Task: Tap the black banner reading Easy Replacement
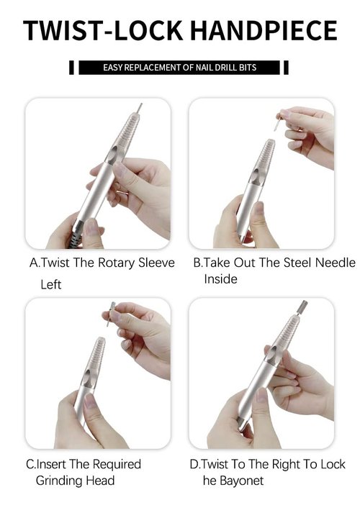tap(179, 68)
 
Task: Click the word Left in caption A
tap(50, 284)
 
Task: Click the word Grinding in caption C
tap(60, 480)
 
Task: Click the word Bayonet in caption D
tap(243, 480)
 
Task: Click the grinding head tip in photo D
tap(302, 308)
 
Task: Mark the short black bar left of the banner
tap(71, 68)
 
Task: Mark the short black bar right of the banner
tap(286, 68)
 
